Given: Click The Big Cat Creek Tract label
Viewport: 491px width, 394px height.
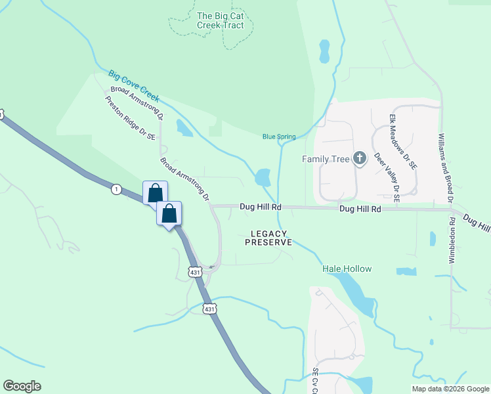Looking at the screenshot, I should [220, 20].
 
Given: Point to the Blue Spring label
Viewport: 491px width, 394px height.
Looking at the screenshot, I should [279, 137].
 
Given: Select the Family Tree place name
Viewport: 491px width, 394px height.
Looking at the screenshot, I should [326, 159].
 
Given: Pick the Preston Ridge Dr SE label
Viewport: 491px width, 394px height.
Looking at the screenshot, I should [131, 118].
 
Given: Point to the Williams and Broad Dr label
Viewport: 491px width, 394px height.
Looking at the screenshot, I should [446, 167].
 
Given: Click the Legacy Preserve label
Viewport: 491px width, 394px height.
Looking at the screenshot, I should [268, 238].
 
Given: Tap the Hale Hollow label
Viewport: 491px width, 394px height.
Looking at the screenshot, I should [347, 269].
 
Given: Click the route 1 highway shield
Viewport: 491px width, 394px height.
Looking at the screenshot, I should [116, 189].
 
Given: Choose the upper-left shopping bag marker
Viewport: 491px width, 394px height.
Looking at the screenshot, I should [155, 193].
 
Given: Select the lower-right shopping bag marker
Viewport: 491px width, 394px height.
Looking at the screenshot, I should [169, 213].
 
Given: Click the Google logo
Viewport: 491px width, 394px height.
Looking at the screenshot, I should [22, 385].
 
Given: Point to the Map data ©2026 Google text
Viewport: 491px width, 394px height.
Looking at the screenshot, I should [450, 389].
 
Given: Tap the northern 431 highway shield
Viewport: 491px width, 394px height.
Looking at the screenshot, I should [194, 271].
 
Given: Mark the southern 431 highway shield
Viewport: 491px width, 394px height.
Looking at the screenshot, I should [209, 309].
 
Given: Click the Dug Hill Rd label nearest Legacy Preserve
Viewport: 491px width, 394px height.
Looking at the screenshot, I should [261, 206].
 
